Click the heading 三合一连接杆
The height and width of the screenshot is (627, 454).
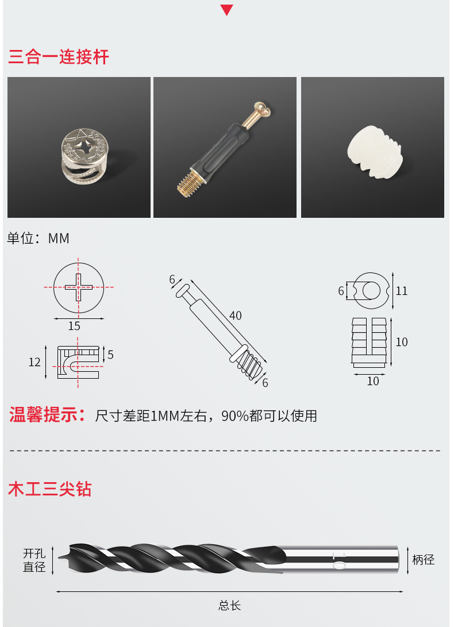[59, 57]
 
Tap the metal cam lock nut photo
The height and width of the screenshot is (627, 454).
[84, 156]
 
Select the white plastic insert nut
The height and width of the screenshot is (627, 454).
[375, 152]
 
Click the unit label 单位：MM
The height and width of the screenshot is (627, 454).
[39, 239]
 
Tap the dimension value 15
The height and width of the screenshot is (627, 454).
[74, 326]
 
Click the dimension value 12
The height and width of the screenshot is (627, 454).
[34, 362]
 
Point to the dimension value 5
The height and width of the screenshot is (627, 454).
[110, 355]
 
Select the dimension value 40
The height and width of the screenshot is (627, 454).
[236, 316]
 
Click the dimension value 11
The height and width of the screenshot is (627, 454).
[402, 291]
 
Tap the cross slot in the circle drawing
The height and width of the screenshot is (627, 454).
[79, 287]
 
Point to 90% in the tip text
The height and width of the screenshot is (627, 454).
[235, 416]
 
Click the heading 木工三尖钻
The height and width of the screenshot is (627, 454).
[49, 489]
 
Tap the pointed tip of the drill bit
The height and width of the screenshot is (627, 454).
[59, 557]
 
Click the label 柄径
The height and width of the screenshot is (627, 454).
[423, 559]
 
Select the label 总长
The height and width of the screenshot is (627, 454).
[230, 605]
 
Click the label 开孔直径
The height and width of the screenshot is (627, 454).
[34, 560]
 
